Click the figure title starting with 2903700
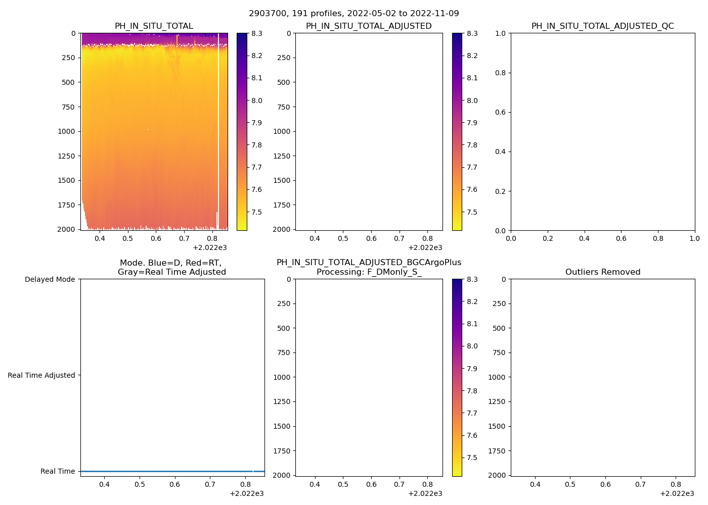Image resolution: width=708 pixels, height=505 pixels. pyautogui.click(x=354, y=14)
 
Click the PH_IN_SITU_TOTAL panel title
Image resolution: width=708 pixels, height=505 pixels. pyautogui.click(x=154, y=26)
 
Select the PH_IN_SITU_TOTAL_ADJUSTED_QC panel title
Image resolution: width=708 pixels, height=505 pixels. pyautogui.click(x=602, y=26)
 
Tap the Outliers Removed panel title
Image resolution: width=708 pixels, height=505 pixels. pyautogui.click(x=602, y=272)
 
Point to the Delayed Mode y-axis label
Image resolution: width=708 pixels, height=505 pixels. pyautogui.click(x=50, y=279)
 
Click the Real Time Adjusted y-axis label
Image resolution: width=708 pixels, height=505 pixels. pyautogui.click(x=41, y=375)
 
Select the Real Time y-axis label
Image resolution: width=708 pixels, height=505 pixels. pyautogui.click(x=58, y=471)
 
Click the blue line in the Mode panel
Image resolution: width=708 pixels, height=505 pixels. pyautogui.click(x=172, y=471)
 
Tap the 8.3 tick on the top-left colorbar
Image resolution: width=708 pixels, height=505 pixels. pyautogui.click(x=257, y=33)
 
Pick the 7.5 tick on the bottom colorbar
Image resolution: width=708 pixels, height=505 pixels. pyautogui.click(x=472, y=458)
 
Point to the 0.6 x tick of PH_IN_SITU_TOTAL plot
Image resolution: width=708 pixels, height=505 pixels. pyautogui.click(x=156, y=238)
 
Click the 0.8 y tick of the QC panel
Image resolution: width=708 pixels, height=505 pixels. pyautogui.click(x=500, y=73)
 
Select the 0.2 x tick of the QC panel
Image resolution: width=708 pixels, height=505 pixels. pyautogui.click(x=548, y=238)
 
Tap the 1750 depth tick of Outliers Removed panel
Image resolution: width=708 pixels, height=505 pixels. pyautogui.click(x=499, y=451)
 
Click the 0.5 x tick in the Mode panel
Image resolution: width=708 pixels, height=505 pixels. pyautogui.click(x=140, y=484)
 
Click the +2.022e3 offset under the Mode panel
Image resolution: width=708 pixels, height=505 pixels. pyautogui.click(x=246, y=493)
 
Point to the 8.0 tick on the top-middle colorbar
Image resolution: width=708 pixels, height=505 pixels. pyautogui.click(x=472, y=100)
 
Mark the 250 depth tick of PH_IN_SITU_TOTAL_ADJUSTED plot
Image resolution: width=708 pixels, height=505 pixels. pyautogui.click(x=284, y=58)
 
